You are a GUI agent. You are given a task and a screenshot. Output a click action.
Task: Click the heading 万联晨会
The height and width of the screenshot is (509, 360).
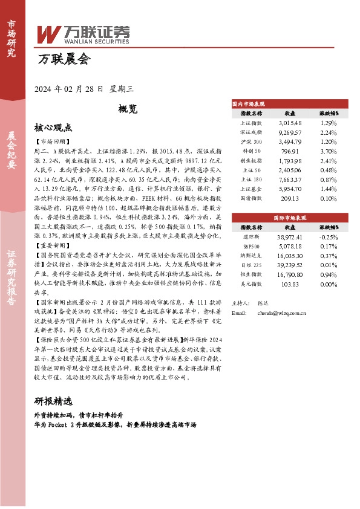click(63, 59)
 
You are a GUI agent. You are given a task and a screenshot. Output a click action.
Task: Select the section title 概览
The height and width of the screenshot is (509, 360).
click(128, 109)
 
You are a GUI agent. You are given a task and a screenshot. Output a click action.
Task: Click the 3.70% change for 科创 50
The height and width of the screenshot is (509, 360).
click(329, 151)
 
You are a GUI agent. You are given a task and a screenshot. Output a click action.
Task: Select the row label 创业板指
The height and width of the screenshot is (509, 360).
click(251, 160)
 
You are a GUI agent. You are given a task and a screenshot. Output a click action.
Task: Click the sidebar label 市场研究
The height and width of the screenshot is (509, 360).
click(11, 37)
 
